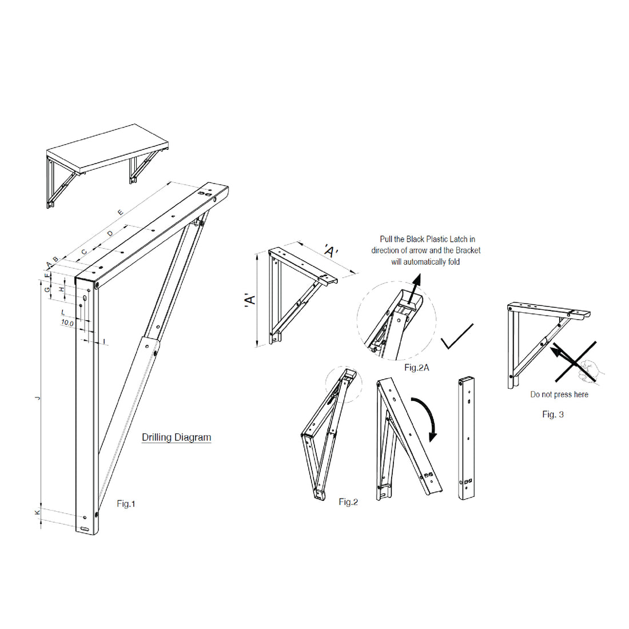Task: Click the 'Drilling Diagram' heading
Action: click(x=176, y=437)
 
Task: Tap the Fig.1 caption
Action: click(x=126, y=504)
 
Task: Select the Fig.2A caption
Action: click(x=416, y=368)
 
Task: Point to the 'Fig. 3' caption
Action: click(x=552, y=415)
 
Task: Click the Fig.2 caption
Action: click(x=348, y=502)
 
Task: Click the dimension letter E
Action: click(x=120, y=213)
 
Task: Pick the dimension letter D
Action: click(x=110, y=233)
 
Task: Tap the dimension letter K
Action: click(x=38, y=513)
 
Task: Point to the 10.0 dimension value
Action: click(x=67, y=323)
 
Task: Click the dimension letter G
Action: click(x=47, y=290)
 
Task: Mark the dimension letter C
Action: click(x=83, y=252)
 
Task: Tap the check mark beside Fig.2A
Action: click(x=457, y=337)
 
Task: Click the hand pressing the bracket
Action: click(x=589, y=371)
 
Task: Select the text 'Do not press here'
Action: click(x=559, y=395)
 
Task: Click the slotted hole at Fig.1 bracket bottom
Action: click(x=85, y=529)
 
